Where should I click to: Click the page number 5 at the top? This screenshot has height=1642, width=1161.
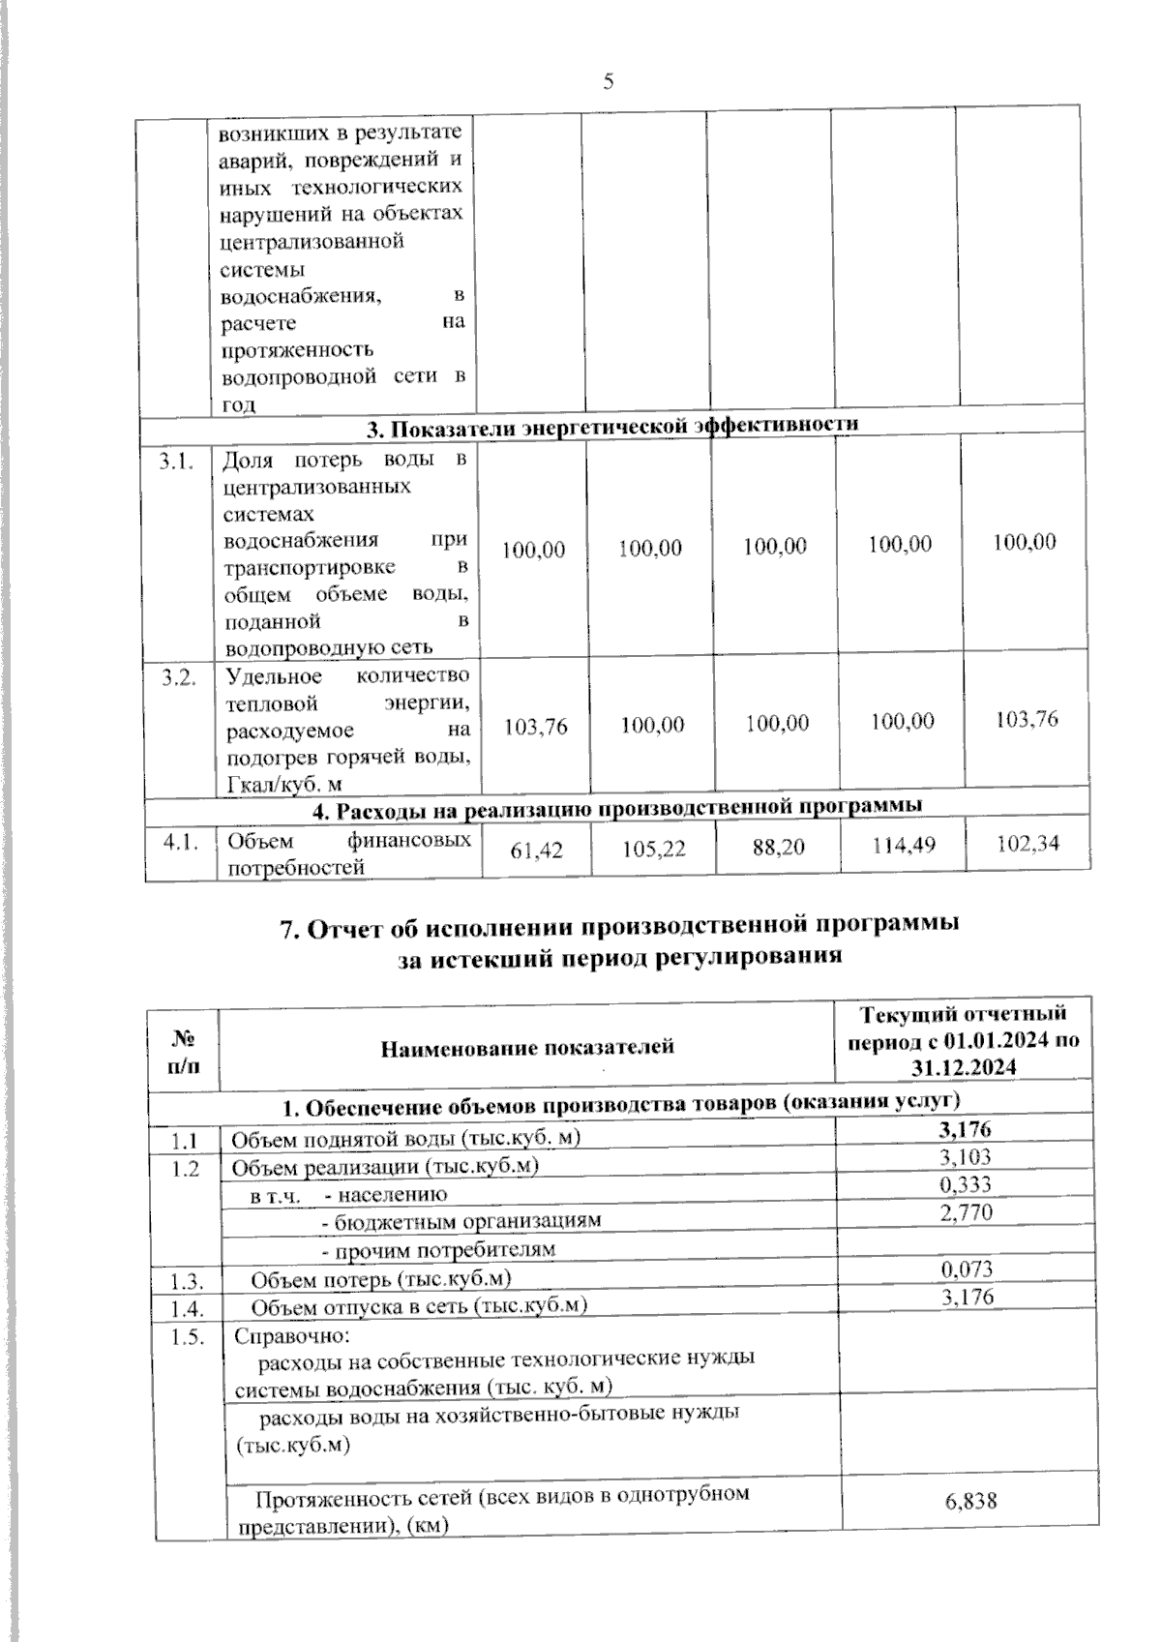pos(609,81)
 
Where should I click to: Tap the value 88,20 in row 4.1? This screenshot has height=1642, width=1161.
pos(778,847)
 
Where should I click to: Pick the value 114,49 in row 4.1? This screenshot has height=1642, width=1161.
pos(903,845)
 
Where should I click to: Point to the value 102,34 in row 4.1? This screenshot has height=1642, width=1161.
pos(1027,843)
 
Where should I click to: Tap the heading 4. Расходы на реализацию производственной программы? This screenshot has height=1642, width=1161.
pos(615,805)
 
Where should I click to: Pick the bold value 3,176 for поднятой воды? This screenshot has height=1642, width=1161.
pos(966,1128)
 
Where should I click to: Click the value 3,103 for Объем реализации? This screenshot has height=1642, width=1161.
pos(966,1156)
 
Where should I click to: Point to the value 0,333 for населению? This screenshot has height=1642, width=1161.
pos(966,1184)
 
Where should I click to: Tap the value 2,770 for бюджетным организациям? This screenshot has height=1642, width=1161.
pos(966,1212)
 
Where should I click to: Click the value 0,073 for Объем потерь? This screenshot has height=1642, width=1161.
pos(967,1269)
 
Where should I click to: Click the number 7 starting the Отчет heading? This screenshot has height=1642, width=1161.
pos(286,928)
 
